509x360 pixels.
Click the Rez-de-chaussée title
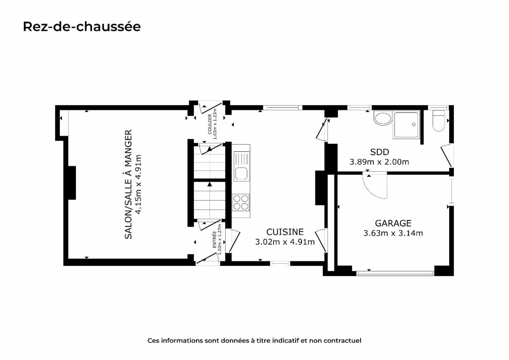click(82, 27)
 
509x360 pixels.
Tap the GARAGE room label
click(393, 223)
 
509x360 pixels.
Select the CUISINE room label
click(285, 232)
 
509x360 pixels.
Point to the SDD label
click(380, 152)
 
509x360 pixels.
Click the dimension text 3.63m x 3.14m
click(393, 233)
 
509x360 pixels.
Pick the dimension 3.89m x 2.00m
click(379, 162)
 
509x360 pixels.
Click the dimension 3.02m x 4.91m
click(285, 242)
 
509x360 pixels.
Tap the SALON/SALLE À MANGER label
click(129, 184)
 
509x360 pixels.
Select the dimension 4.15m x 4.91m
click(138, 184)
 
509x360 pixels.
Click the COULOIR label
click(210, 124)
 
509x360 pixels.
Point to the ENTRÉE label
click(214, 240)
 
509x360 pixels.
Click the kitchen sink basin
click(241, 174)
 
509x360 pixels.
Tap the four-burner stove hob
click(241, 202)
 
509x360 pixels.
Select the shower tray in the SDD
click(406, 125)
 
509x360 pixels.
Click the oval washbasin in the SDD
click(383, 119)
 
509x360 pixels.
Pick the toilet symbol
click(439, 121)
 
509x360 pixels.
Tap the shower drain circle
click(414, 124)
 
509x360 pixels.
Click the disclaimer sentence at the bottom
click(254, 340)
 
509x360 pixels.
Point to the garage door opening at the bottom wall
click(395, 273)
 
